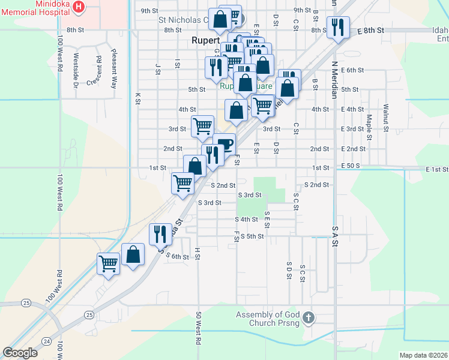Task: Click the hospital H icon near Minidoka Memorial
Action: click(x=78, y=7)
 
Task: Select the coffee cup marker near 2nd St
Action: click(x=224, y=144)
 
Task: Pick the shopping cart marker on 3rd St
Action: click(x=202, y=126)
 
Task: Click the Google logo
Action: click(x=20, y=353)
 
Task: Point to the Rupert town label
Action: click(x=203, y=41)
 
